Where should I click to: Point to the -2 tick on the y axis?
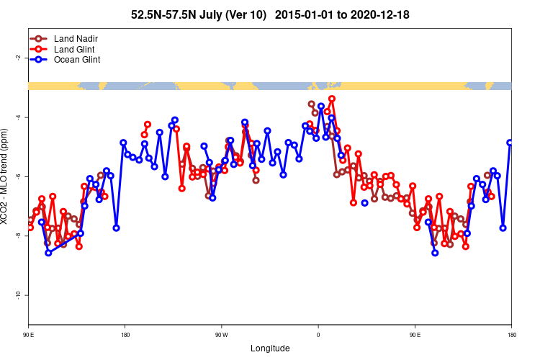17,58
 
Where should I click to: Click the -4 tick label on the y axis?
17,117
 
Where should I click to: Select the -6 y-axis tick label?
17,176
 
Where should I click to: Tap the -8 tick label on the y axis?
17,236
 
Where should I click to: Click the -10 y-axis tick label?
17,295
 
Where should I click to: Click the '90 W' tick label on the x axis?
221,335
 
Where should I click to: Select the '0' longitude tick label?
318,335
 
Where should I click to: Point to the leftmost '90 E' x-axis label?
29,335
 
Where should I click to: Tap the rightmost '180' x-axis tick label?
511,335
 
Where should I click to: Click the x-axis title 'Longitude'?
270,348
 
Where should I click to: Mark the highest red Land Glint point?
332,99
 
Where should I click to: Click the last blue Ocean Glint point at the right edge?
510,143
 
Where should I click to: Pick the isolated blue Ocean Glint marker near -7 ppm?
364,203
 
